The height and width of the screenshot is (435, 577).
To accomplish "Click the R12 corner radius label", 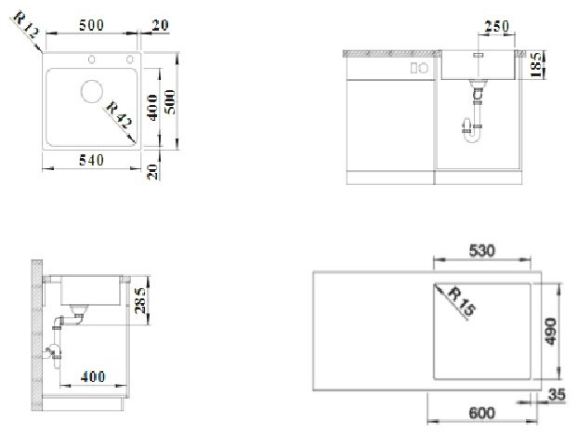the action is pyautogui.click(x=26, y=25).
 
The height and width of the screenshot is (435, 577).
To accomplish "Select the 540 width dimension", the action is pyautogui.click(x=92, y=160).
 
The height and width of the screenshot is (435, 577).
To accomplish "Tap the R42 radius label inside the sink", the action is pyautogui.click(x=119, y=115).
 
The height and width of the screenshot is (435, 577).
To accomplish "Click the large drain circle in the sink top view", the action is pyautogui.click(x=92, y=91).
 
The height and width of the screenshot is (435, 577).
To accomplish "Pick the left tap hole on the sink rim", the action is pyautogui.click(x=91, y=59).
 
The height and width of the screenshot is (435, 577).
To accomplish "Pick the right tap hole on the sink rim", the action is pyautogui.click(x=129, y=59).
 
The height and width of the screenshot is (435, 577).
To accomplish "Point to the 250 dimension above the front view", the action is pyautogui.click(x=497, y=27).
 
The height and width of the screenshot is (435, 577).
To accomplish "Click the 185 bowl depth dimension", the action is pyautogui.click(x=536, y=65).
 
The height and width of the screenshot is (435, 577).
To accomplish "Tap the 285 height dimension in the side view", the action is pyautogui.click(x=140, y=300).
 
